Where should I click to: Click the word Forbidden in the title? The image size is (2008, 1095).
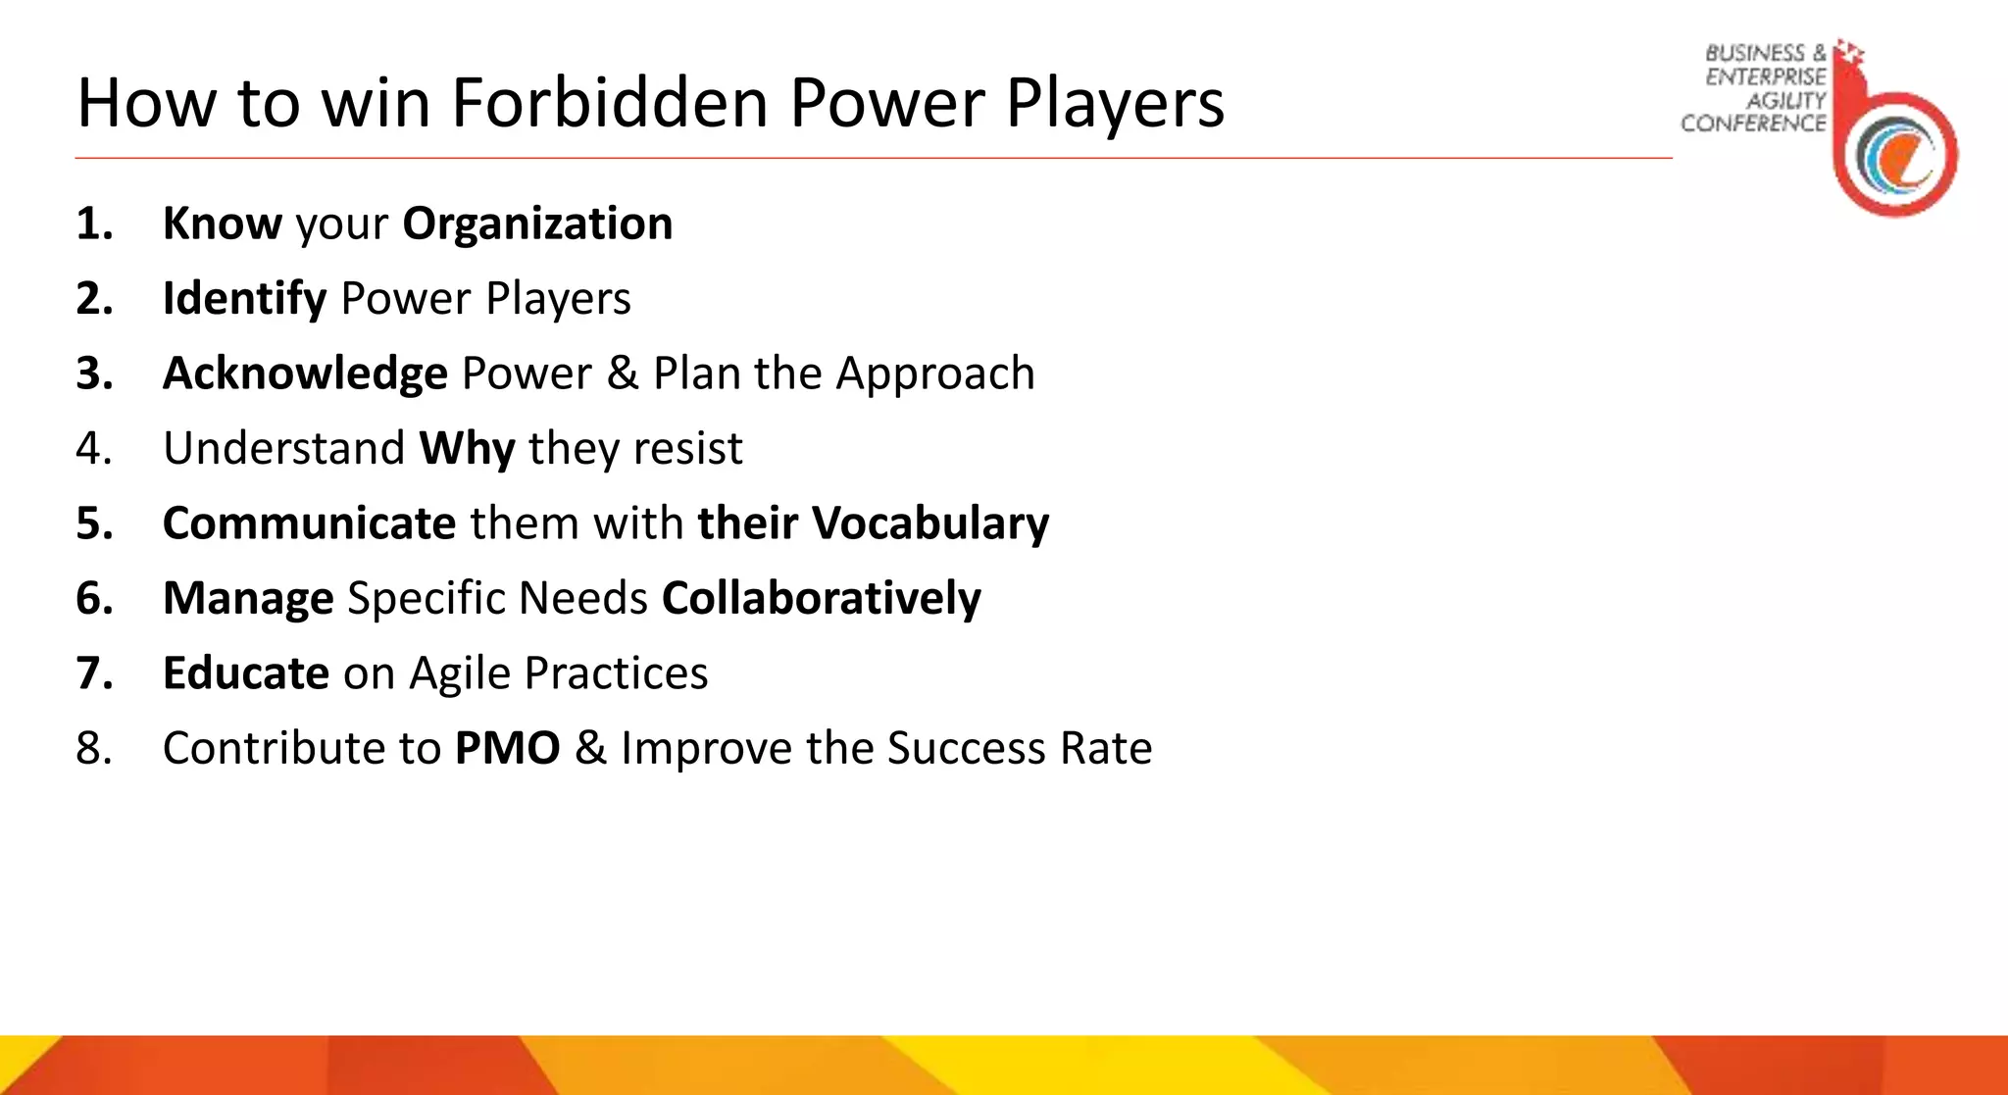click(609, 103)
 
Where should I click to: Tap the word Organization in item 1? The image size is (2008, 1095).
click(537, 224)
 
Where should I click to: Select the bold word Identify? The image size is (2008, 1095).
click(244, 299)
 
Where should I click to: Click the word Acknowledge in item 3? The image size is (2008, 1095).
click(305, 373)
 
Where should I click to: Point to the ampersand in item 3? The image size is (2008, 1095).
click(623, 373)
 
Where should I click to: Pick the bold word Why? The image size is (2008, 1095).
click(467, 449)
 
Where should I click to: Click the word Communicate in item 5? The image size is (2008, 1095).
click(309, 523)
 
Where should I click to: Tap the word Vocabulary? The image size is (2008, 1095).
click(930, 523)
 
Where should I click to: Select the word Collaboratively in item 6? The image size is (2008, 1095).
click(821, 598)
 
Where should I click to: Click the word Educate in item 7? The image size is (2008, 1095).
click(245, 673)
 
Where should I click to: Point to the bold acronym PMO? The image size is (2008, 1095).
click(507, 749)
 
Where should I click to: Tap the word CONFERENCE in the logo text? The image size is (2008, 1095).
click(1753, 124)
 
